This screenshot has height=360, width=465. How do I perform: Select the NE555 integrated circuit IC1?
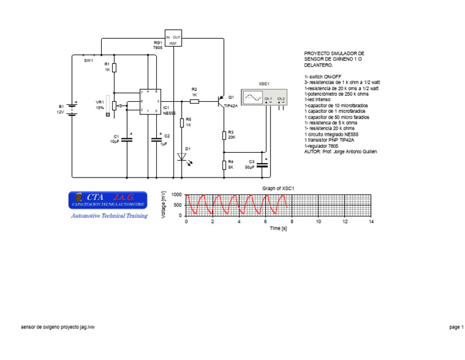click(150, 101)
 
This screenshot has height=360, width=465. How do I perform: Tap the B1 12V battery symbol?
click(72, 108)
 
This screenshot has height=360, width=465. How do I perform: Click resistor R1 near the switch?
click(114, 67)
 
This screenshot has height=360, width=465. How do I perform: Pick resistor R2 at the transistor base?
click(194, 101)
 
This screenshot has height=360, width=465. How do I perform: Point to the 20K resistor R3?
click(223, 135)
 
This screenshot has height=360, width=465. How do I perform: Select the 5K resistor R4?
click(223, 164)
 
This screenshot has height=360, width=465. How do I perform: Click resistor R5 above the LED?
click(182, 122)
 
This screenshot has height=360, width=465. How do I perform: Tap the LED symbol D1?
click(182, 157)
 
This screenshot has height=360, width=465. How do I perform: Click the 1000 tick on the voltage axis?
click(176, 195)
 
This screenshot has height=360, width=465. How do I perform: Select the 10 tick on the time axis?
click(318, 222)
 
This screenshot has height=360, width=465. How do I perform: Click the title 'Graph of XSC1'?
click(278, 188)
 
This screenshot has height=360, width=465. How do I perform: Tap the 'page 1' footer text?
click(455, 327)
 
